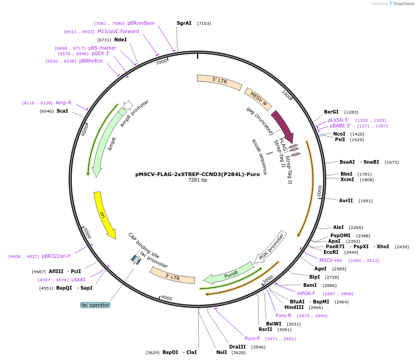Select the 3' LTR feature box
tap(172, 276)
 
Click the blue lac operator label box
tap(95, 305)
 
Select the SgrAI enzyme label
tap(184, 23)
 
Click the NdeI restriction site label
tap(121, 40)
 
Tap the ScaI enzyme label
tap(62, 111)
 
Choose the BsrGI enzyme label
tap(331, 112)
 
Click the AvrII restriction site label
tap(346, 200)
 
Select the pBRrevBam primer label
tap(141, 23)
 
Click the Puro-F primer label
tap(252, 338)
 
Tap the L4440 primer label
tap(78, 280)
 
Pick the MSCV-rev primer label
tap(330, 260)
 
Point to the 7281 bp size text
tap(197, 180)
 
